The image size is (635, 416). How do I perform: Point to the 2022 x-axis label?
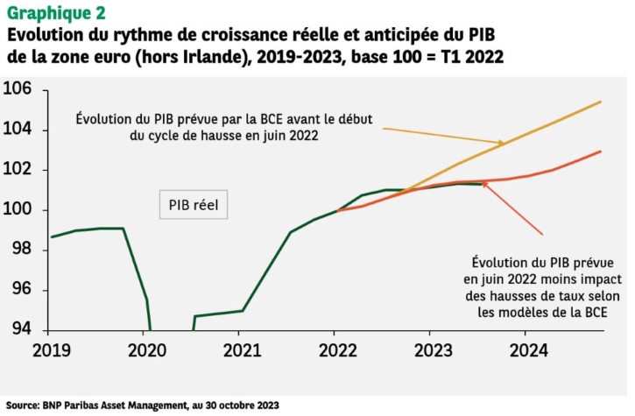click(x=335, y=350)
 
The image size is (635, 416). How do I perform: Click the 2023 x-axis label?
click(x=429, y=350)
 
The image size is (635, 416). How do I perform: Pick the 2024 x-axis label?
click(x=524, y=350)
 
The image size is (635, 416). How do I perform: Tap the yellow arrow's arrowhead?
click(x=502, y=143)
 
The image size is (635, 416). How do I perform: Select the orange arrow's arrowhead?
click(x=484, y=184)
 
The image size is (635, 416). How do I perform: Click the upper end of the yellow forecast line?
click(x=601, y=102)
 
